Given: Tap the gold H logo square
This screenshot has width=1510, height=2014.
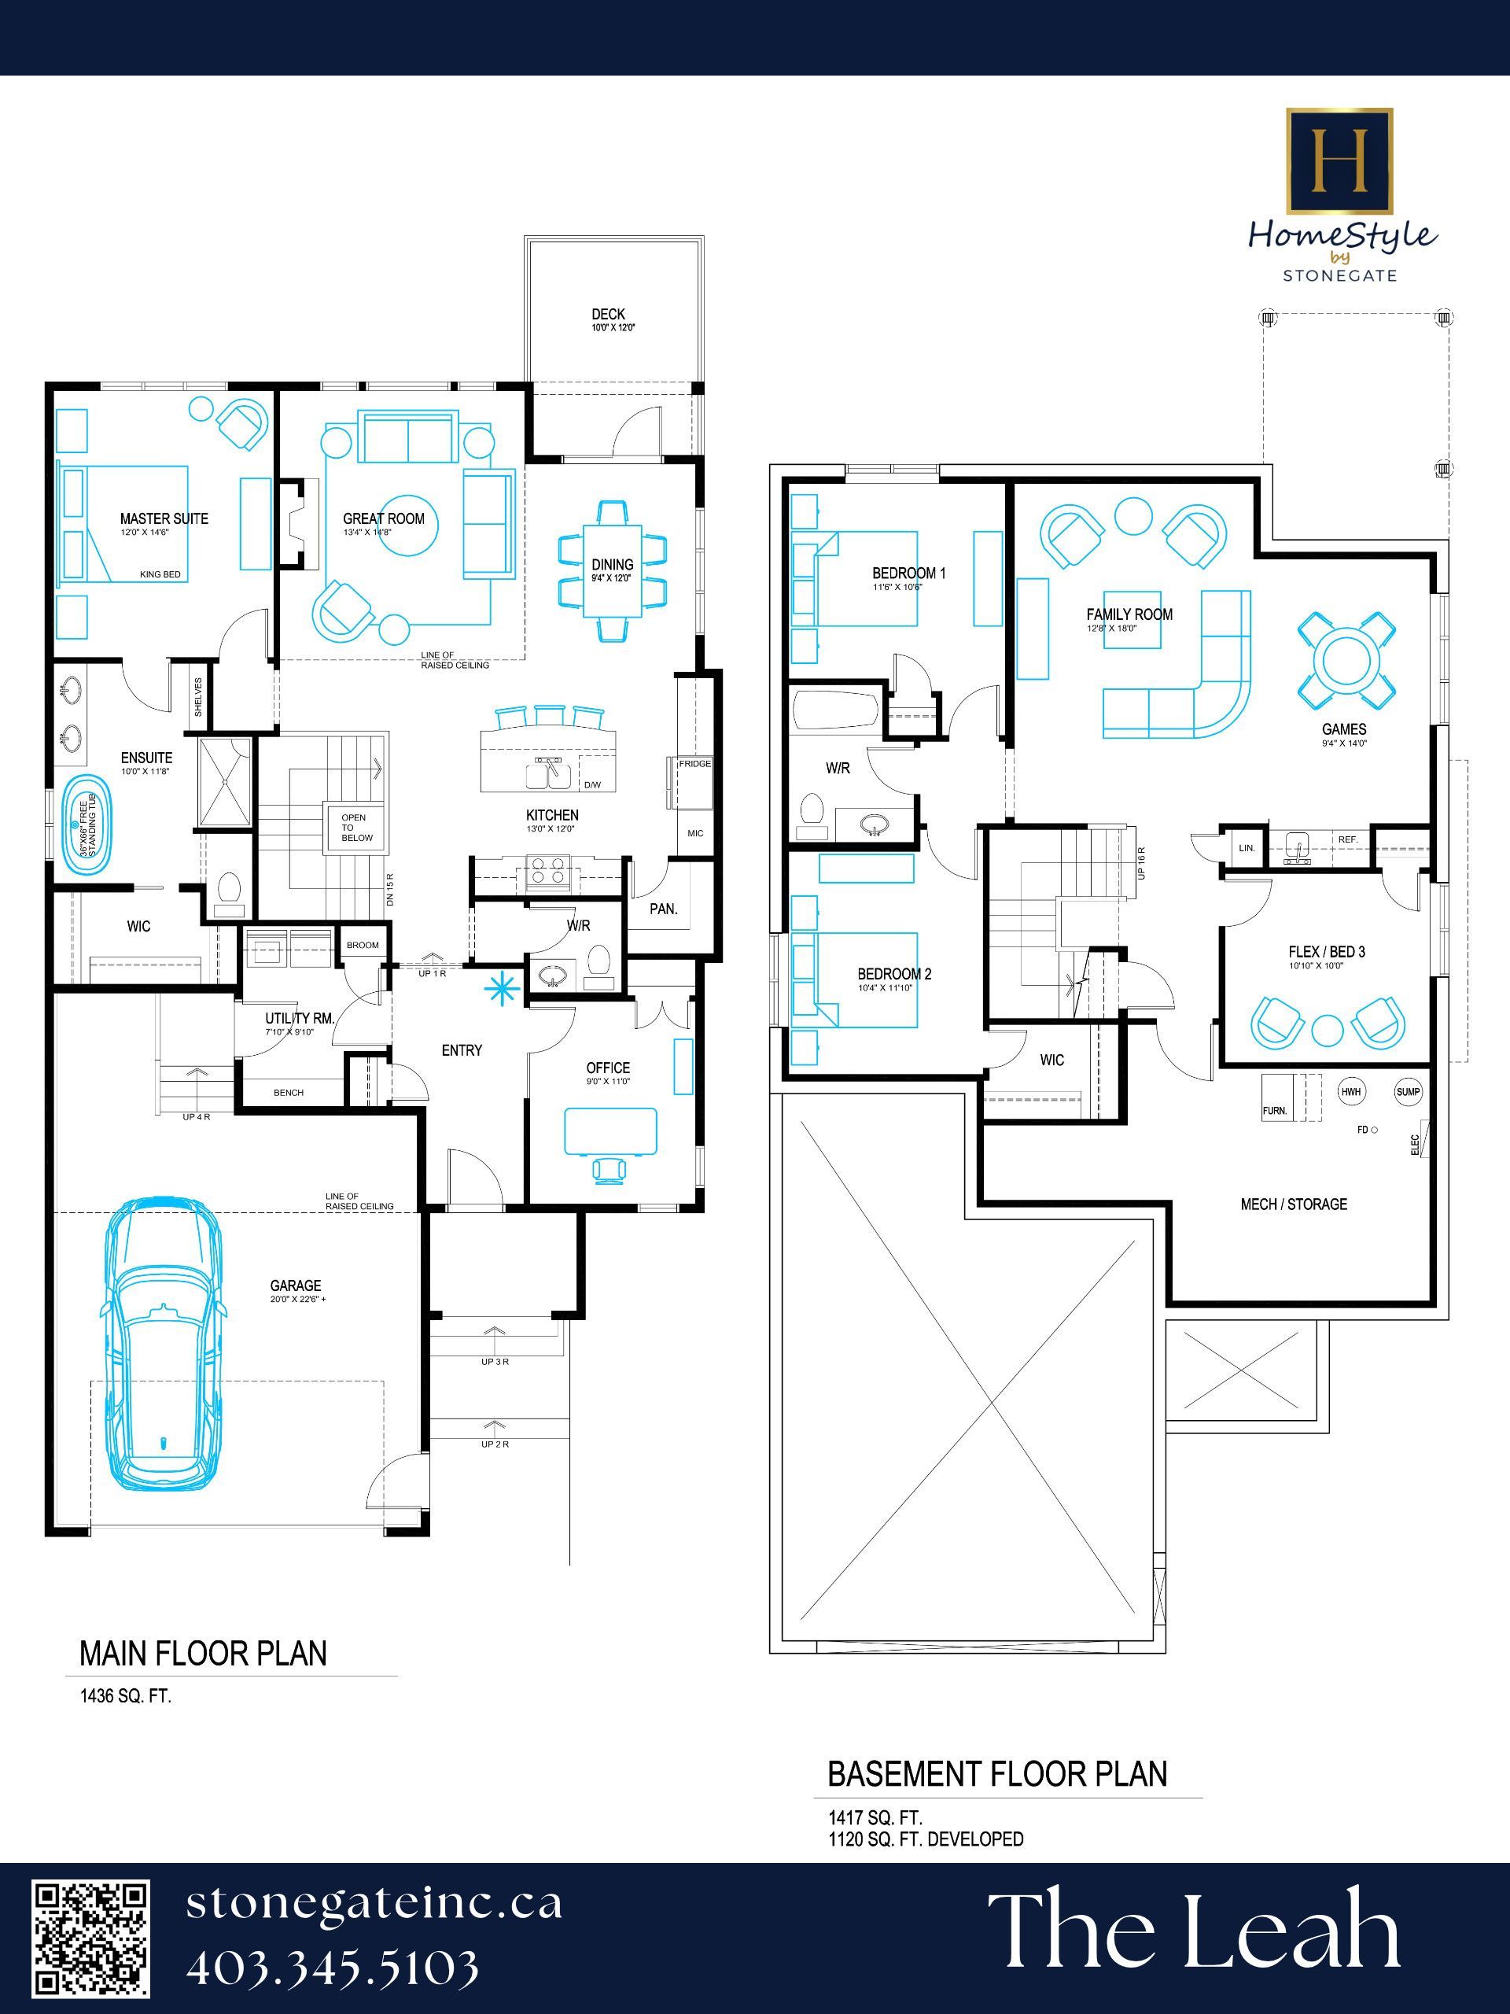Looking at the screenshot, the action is pos(1338,161).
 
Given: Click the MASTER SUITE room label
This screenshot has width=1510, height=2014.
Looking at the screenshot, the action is pos(164,519).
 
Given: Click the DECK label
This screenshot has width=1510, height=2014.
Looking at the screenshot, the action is pos(608,314).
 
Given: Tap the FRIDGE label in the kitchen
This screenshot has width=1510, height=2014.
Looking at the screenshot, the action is pos(694,764).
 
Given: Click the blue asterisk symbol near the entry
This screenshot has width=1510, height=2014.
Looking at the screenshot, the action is pos(498,988).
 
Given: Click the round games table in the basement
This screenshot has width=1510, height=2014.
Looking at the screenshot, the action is pos(1347,659).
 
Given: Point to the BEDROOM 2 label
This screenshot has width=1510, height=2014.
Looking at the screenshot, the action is pos(893,974).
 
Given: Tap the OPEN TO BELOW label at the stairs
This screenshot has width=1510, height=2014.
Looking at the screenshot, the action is pos(357,828).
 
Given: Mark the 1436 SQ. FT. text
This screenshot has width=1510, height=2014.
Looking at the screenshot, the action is pos(126,1696).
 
